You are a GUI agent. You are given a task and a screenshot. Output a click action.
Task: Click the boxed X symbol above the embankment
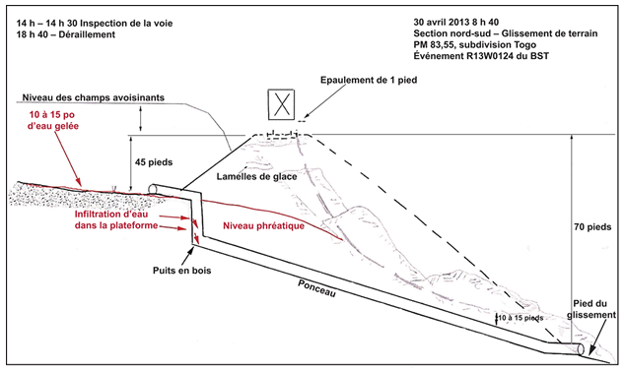tap(281, 105)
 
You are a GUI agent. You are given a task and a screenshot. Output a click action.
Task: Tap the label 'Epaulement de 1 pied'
tap(369, 80)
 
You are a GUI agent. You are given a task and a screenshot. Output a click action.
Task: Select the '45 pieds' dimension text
tap(154, 162)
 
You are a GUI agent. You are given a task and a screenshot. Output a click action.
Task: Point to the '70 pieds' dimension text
tap(592, 227)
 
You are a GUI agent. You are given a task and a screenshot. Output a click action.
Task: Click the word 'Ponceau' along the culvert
tap(316, 288)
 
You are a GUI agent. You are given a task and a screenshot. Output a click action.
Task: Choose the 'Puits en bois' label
tap(181, 271)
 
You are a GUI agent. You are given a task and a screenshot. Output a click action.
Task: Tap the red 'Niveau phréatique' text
tap(263, 226)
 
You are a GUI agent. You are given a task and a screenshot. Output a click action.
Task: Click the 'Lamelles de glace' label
tap(256, 176)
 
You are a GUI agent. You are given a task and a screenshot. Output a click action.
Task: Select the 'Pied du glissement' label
tap(591, 309)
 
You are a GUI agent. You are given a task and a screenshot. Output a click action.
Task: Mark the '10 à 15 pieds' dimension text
tap(520, 318)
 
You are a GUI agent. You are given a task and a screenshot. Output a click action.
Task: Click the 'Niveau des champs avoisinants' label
tap(93, 97)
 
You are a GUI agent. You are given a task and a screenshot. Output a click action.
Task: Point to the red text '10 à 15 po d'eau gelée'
tap(53, 120)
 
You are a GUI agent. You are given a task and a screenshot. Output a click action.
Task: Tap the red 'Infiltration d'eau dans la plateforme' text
tap(116, 219)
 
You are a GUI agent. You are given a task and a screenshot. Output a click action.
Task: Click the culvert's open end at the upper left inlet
tap(152, 189)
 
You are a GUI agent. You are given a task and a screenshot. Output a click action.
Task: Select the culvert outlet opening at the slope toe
tap(581, 348)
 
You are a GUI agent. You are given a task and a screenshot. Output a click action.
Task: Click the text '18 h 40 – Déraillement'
tap(66, 34)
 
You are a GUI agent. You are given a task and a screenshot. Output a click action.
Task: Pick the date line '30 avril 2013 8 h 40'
tap(456, 22)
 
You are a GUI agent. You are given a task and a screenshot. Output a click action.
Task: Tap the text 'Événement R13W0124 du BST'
tap(481, 56)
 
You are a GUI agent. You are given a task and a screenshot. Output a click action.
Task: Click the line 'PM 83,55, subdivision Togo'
tap(475, 44)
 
